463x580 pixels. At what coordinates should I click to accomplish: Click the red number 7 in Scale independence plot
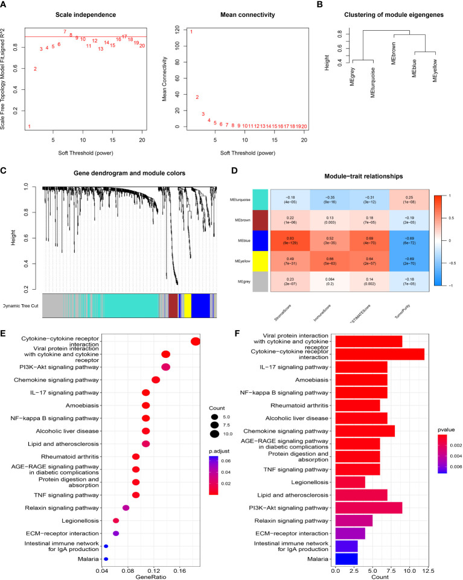coord(65,31)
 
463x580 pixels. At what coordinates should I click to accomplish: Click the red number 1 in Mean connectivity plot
coord(191,32)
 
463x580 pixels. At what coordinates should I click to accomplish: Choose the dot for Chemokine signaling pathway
coord(156,380)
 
